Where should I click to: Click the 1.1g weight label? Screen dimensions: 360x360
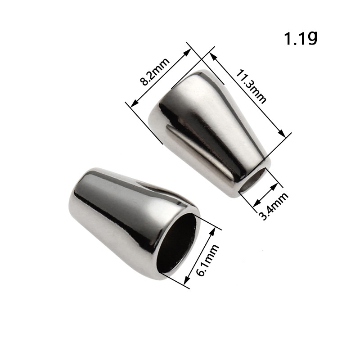click(301, 39)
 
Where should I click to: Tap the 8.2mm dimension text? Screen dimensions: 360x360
click(155, 72)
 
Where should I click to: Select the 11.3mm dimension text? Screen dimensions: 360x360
click(251, 86)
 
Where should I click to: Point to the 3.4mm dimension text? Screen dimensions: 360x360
click(274, 206)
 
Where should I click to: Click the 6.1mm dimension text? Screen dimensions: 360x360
click(208, 260)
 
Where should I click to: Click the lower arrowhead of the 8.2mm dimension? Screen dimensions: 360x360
click(134, 104)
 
